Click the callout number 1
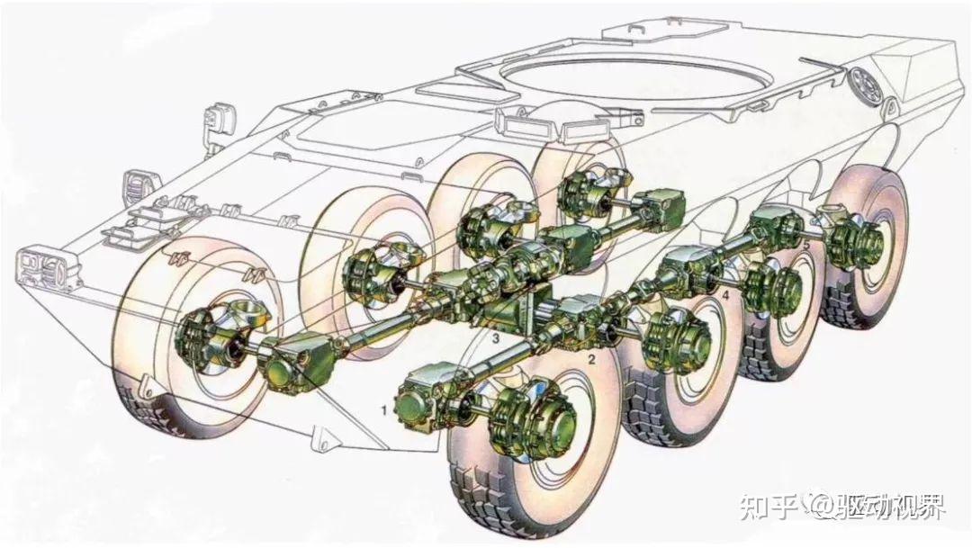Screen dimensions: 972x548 tap(384, 409)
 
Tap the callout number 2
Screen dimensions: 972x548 tap(591, 359)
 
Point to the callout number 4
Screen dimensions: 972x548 tap(726, 296)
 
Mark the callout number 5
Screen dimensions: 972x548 tap(805, 246)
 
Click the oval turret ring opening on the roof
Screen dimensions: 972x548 tap(637, 78)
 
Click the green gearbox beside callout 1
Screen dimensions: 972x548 tap(419, 400)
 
